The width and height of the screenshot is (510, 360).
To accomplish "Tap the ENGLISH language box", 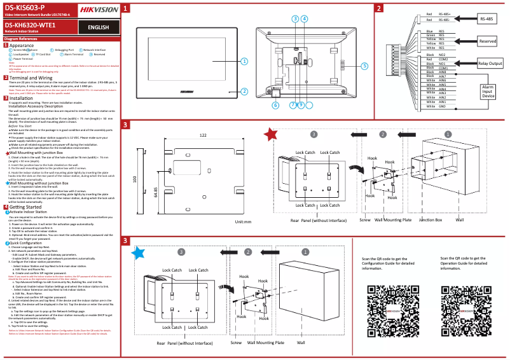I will pyautogui.click(x=98, y=27).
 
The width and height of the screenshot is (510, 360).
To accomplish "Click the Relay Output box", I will pyautogui.click(x=490, y=64).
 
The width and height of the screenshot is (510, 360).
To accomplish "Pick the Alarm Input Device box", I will pyautogui.click(x=488, y=90).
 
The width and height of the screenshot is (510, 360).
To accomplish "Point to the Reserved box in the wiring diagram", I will pyautogui.click(x=487, y=41).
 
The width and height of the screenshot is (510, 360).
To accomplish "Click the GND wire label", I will pyautogui.click(x=442, y=107).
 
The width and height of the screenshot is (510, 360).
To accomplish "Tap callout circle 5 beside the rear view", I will pyautogui.click(x=364, y=66).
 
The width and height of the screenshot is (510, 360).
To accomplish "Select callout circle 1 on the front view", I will pyautogui.click(x=244, y=61).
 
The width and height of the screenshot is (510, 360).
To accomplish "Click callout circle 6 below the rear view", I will pyautogui.click(x=275, y=105).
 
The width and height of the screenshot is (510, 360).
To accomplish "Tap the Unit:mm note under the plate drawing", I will pyautogui.click(x=243, y=222).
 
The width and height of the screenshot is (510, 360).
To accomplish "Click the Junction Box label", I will pyautogui.click(x=430, y=219).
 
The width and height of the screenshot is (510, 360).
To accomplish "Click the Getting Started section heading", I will pyautogui.click(x=25, y=207).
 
